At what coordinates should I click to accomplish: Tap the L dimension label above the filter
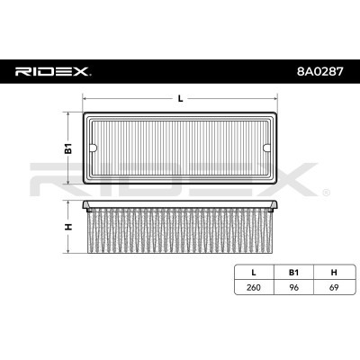coord(181,98)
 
